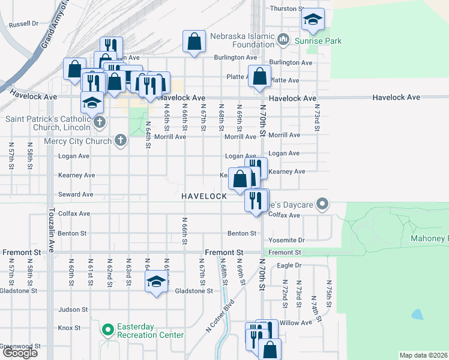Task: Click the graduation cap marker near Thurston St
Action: [313, 21]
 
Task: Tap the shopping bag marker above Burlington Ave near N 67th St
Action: [194, 43]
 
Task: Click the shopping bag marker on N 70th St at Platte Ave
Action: [259, 77]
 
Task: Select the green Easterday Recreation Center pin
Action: [108, 330]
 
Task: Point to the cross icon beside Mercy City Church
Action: [121, 141]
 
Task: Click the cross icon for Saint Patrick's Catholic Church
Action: [100, 123]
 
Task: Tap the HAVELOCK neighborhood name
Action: [205, 196]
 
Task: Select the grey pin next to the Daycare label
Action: [322, 205]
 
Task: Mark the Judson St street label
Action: [73, 310]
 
